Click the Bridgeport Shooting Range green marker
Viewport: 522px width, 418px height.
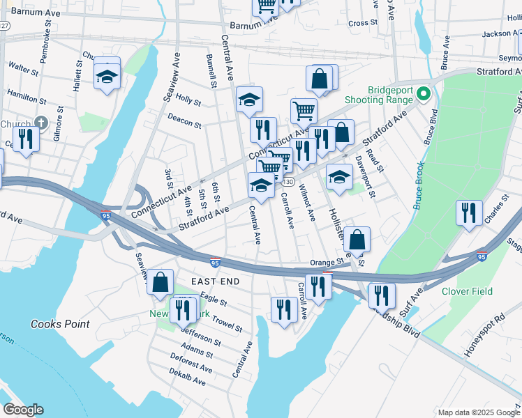pos(422,93)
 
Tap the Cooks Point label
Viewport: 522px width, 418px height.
pos(60,324)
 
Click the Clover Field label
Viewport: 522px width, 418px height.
pos(467,291)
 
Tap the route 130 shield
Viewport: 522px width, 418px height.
pos(287,181)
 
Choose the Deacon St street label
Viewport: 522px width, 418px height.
pos(184,122)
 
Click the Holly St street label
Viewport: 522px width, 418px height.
pos(188,100)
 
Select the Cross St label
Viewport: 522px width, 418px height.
pos(362,23)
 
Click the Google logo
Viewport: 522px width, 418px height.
pos(23,410)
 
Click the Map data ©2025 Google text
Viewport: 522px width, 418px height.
pos(478,412)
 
